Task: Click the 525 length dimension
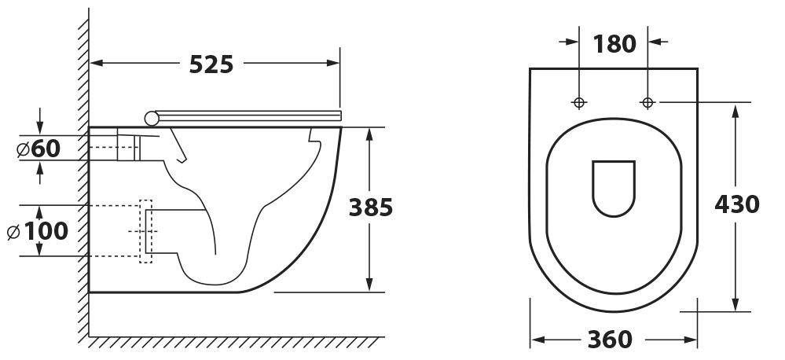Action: tap(211, 64)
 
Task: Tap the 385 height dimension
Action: tap(370, 208)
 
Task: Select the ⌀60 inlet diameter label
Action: tap(39, 149)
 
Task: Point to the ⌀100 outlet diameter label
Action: tap(38, 231)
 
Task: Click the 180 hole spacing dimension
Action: tap(614, 44)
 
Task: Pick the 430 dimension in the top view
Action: tap(737, 204)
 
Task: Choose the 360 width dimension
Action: tap(610, 340)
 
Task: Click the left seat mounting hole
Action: tap(579, 103)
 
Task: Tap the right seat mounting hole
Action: tap(647, 103)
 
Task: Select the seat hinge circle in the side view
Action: tap(152, 118)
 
